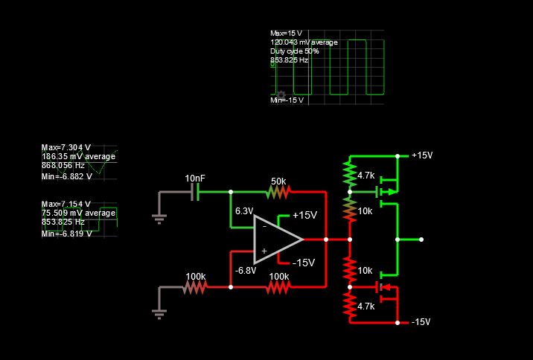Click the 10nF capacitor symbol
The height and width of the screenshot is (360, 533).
[197, 192]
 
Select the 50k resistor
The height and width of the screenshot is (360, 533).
[278, 192]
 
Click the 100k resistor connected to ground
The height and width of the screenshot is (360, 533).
[195, 287]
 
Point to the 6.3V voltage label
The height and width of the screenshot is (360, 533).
[244, 211]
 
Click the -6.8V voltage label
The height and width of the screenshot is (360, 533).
[245, 270]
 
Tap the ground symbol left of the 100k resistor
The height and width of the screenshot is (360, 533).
[158, 312]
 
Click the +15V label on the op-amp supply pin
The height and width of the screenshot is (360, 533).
[304, 215]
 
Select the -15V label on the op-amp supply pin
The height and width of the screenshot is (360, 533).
[304, 263]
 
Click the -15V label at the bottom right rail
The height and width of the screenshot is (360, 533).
[421, 323]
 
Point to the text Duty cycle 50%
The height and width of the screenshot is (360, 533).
[294, 51]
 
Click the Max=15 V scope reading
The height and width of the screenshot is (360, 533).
[287, 33]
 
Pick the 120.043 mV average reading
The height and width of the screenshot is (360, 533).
[304, 42]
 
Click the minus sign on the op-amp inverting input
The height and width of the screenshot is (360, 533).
[264, 226]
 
